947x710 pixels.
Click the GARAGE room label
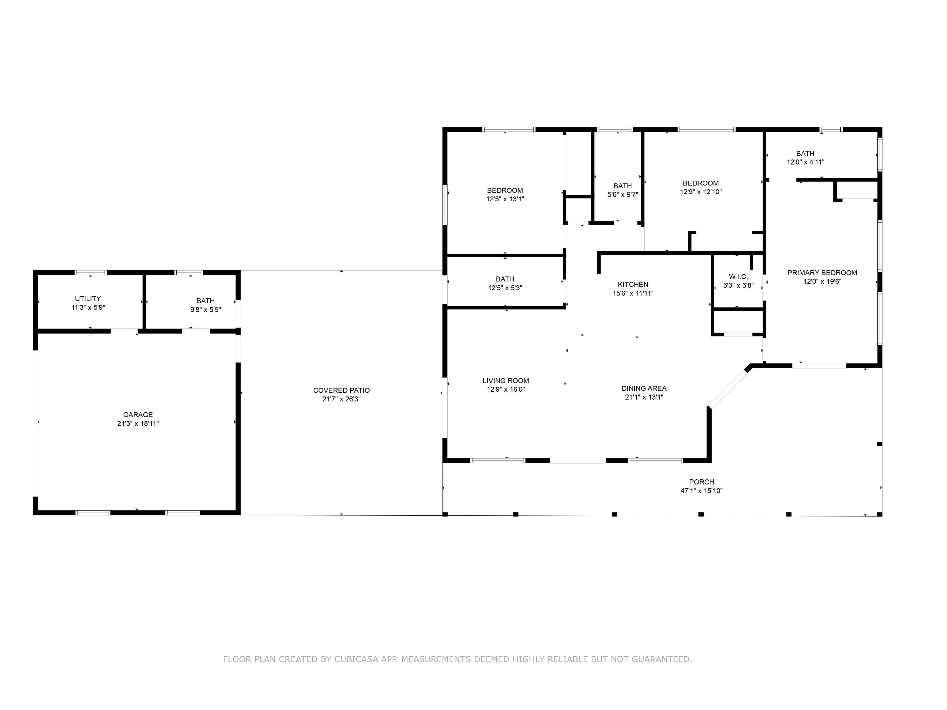[138, 414]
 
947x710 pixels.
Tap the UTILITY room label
[88, 299]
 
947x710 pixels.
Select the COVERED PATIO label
[341, 390]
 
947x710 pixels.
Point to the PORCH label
[701, 482]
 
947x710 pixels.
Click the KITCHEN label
[633, 284]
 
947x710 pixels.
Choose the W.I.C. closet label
[738, 277]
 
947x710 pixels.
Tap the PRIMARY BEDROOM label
[822, 272]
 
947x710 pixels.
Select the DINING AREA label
[644, 388]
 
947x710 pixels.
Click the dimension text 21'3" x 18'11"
[138, 424]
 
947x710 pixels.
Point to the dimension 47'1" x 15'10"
[701, 491]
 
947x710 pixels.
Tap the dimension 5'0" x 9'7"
[622, 194]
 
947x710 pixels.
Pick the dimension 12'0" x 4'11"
[805, 162]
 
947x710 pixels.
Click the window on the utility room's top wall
[90, 272]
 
